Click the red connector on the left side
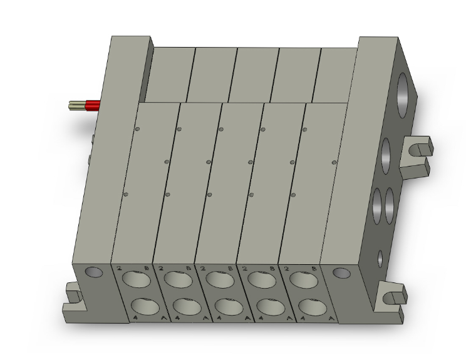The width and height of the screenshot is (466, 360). tap(92, 105)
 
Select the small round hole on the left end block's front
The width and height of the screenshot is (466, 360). tap(93, 272)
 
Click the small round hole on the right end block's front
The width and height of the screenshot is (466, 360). tap(341, 273)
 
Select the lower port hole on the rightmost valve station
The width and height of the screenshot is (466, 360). tap(310, 307)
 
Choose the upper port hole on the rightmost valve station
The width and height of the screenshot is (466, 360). tap(301, 279)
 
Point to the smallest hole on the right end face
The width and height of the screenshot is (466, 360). tap(380, 257)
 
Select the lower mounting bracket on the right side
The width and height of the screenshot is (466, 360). tap(390, 299)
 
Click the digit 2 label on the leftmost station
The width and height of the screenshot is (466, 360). tap(119, 269)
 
